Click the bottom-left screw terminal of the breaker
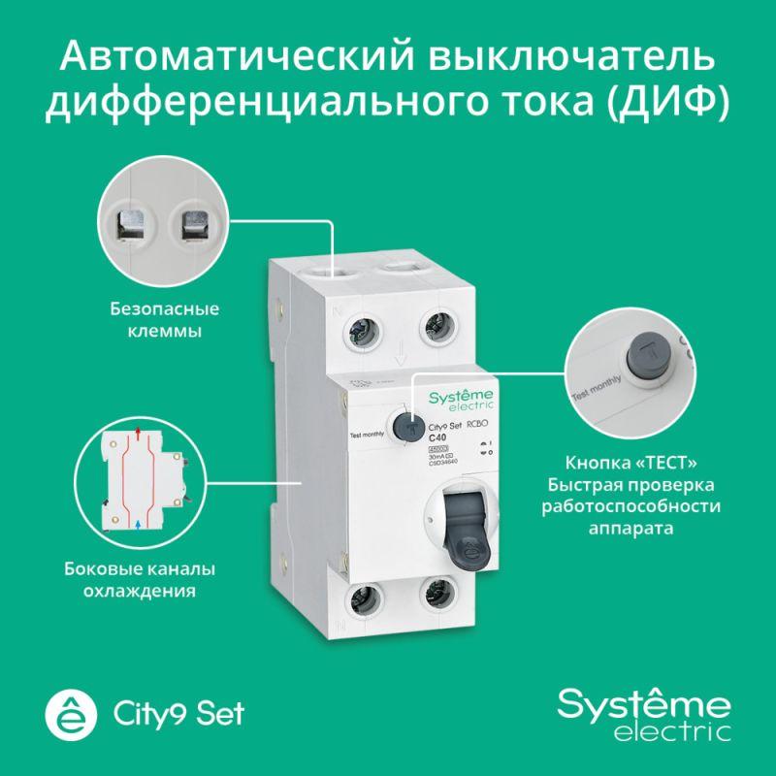click(x=366, y=609)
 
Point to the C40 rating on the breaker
click(x=438, y=436)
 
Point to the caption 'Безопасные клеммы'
click(x=159, y=321)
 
